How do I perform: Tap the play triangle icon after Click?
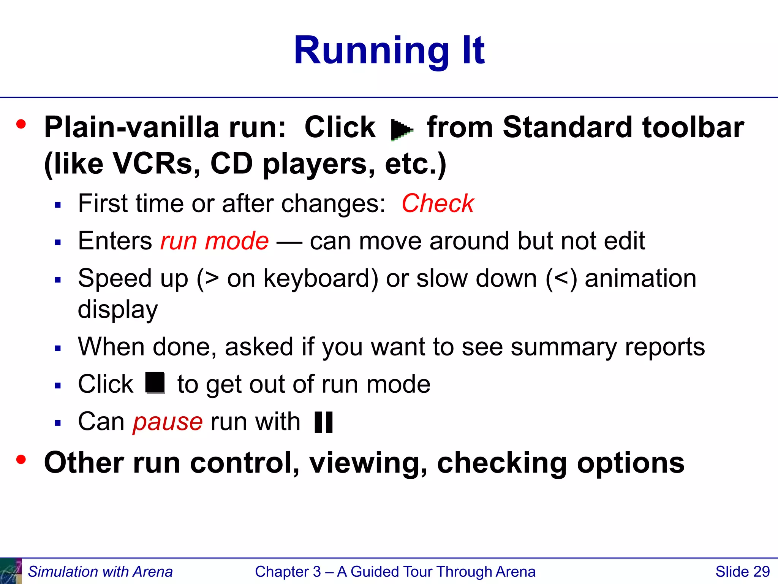click(401, 130)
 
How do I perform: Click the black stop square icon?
click(155, 382)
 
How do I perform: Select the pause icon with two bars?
click(324, 422)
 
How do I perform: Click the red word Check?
click(438, 203)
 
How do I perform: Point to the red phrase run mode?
click(214, 241)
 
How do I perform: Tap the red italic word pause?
click(168, 422)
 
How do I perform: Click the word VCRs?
click(157, 164)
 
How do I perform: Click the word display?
click(118, 309)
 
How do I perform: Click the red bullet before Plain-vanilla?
click(21, 124)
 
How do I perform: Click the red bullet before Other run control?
click(21, 460)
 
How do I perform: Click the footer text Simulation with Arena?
click(100, 571)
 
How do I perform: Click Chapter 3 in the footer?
click(288, 571)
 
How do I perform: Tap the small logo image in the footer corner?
click(11, 571)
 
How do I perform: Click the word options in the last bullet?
click(631, 463)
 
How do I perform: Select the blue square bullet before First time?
click(58, 206)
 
